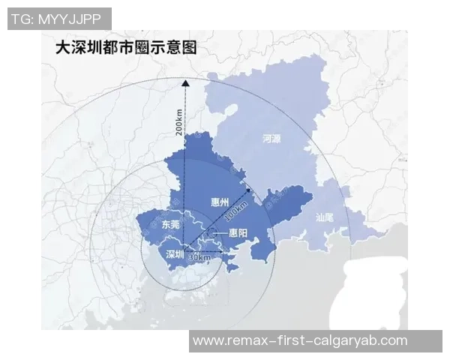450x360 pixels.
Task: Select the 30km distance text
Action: [199, 257]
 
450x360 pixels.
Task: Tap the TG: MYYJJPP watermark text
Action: [59, 19]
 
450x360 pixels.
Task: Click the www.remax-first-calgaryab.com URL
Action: [300, 340]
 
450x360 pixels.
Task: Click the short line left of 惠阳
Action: [220, 234]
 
